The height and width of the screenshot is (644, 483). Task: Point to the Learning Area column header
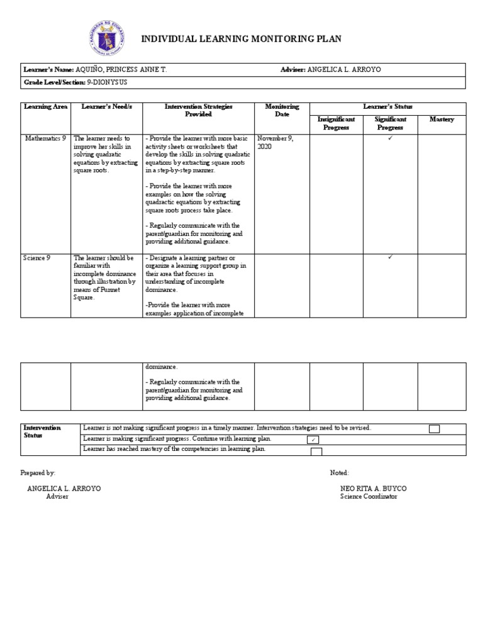pyautogui.click(x=45, y=107)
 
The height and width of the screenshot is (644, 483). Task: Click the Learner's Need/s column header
pyautogui.click(x=107, y=107)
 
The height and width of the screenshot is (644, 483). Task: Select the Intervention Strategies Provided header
pyautogui.click(x=198, y=111)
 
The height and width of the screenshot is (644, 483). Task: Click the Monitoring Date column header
pyautogui.click(x=282, y=111)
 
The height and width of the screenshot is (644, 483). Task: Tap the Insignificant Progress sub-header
pyautogui.click(x=336, y=123)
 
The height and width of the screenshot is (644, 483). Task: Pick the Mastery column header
pyautogui.click(x=441, y=119)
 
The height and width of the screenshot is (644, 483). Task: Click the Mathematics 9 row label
pyautogui.click(x=45, y=138)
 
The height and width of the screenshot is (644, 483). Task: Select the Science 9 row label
pyautogui.click(x=36, y=258)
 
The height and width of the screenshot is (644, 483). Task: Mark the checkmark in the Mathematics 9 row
pyautogui.click(x=390, y=138)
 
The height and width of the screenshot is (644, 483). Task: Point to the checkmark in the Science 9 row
pyautogui.click(x=390, y=257)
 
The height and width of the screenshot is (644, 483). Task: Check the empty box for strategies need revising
pyautogui.click(x=434, y=429)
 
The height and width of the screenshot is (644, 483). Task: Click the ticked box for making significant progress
pyautogui.click(x=312, y=440)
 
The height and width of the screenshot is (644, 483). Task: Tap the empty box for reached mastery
pyautogui.click(x=316, y=451)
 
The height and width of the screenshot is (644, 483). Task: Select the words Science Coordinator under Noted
pyautogui.click(x=369, y=497)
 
